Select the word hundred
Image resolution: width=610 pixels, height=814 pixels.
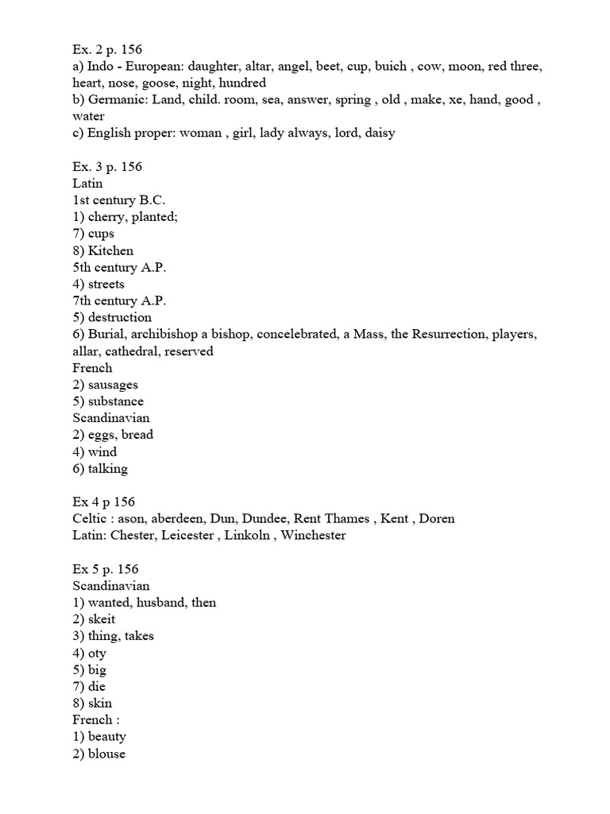[242, 83]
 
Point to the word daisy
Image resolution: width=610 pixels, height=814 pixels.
[376, 133]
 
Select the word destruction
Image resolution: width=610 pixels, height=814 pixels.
[120, 317]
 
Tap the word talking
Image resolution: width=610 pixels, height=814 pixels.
[108, 468]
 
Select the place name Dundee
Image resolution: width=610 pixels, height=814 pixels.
[276, 518]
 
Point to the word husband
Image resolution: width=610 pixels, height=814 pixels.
[160, 603]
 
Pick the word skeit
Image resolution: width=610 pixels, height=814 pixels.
[102, 619]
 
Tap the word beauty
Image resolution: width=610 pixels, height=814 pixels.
[107, 737]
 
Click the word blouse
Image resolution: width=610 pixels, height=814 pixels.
[106, 754]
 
